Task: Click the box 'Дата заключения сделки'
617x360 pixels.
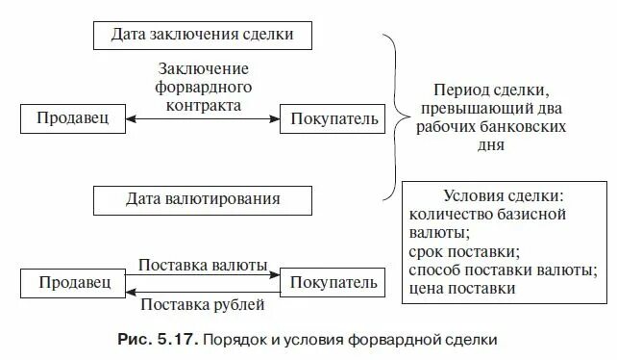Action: point(202,35)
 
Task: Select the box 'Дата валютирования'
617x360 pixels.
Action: point(202,200)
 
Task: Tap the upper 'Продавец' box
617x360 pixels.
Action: point(72,118)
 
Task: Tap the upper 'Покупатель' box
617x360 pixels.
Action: point(331,118)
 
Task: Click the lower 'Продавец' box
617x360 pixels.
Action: point(72,282)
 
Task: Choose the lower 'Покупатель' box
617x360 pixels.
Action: point(331,282)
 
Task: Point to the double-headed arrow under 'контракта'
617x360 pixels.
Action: point(202,119)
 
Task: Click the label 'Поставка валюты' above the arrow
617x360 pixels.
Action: point(202,264)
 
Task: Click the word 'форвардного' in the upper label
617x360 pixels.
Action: point(203,87)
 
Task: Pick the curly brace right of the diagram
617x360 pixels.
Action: point(390,116)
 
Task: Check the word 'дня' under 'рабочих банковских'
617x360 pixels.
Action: point(489,145)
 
